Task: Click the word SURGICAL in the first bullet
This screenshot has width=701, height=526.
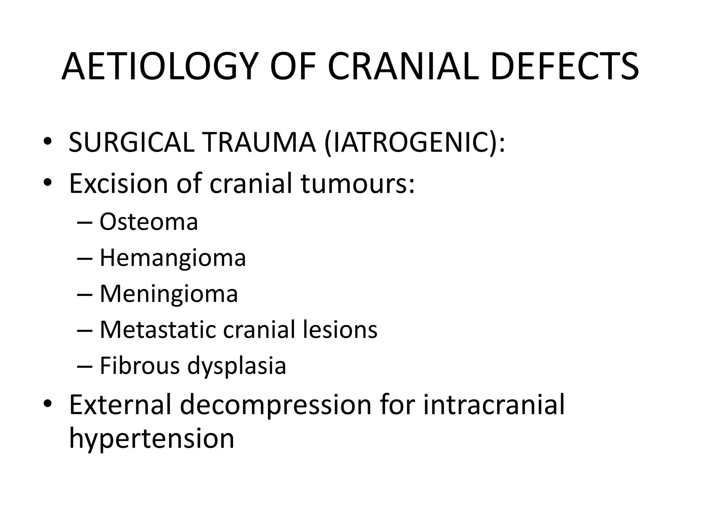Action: point(131,142)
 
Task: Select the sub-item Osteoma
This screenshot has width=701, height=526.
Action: point(149,222)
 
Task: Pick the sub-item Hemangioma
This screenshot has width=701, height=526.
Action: point(173,258)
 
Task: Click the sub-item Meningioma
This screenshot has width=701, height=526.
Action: point(168,294)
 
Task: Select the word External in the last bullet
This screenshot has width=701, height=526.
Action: point(120,405)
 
